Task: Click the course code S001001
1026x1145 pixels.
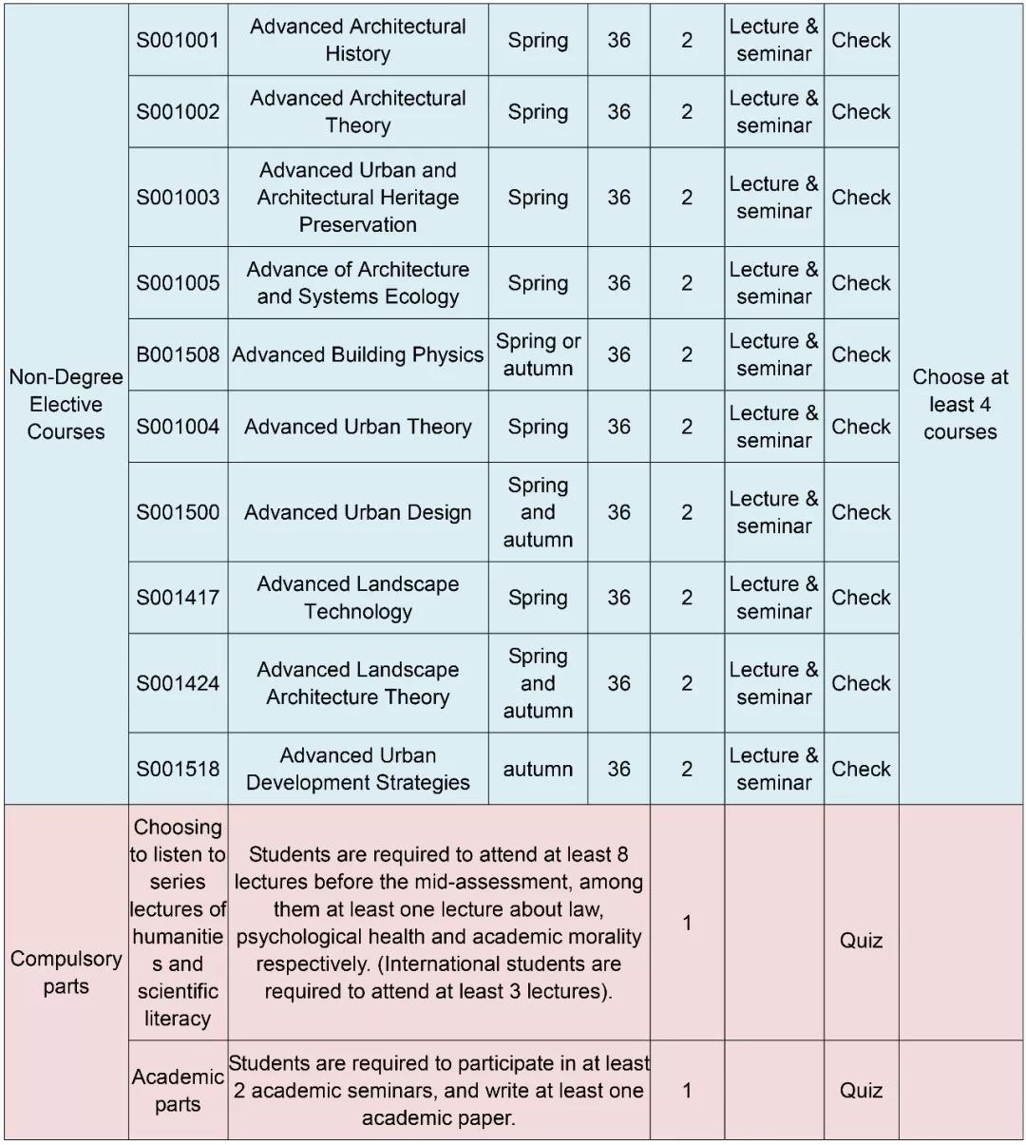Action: point(178,40)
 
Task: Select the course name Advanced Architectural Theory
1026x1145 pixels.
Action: point(357,111)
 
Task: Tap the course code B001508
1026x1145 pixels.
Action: point(178,354)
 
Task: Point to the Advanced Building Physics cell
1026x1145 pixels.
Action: point(357,354)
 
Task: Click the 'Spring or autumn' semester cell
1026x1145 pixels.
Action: point(538,354)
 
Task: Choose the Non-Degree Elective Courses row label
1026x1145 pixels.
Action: point(66,404)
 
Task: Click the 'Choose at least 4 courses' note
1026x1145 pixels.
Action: point(959,404)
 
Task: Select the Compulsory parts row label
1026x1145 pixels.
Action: point(66,972)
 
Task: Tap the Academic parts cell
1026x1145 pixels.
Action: point(178,1090)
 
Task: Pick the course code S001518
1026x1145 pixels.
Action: point(178,769)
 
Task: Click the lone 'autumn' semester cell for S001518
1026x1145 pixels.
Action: point(538,769)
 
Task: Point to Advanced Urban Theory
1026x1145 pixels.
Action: point(357,427)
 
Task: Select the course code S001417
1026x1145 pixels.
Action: point(178,598)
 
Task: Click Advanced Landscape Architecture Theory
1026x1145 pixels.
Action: point(357,683)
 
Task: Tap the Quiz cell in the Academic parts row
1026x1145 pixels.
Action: point(861,1090)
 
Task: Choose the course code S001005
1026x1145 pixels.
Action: point(178,282)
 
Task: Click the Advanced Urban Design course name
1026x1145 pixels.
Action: point(357,512)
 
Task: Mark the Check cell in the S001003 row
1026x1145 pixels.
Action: point(861,197)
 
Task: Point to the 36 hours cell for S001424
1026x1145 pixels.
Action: point(618,683)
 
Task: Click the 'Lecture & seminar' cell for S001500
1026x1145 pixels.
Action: point(773,512)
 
